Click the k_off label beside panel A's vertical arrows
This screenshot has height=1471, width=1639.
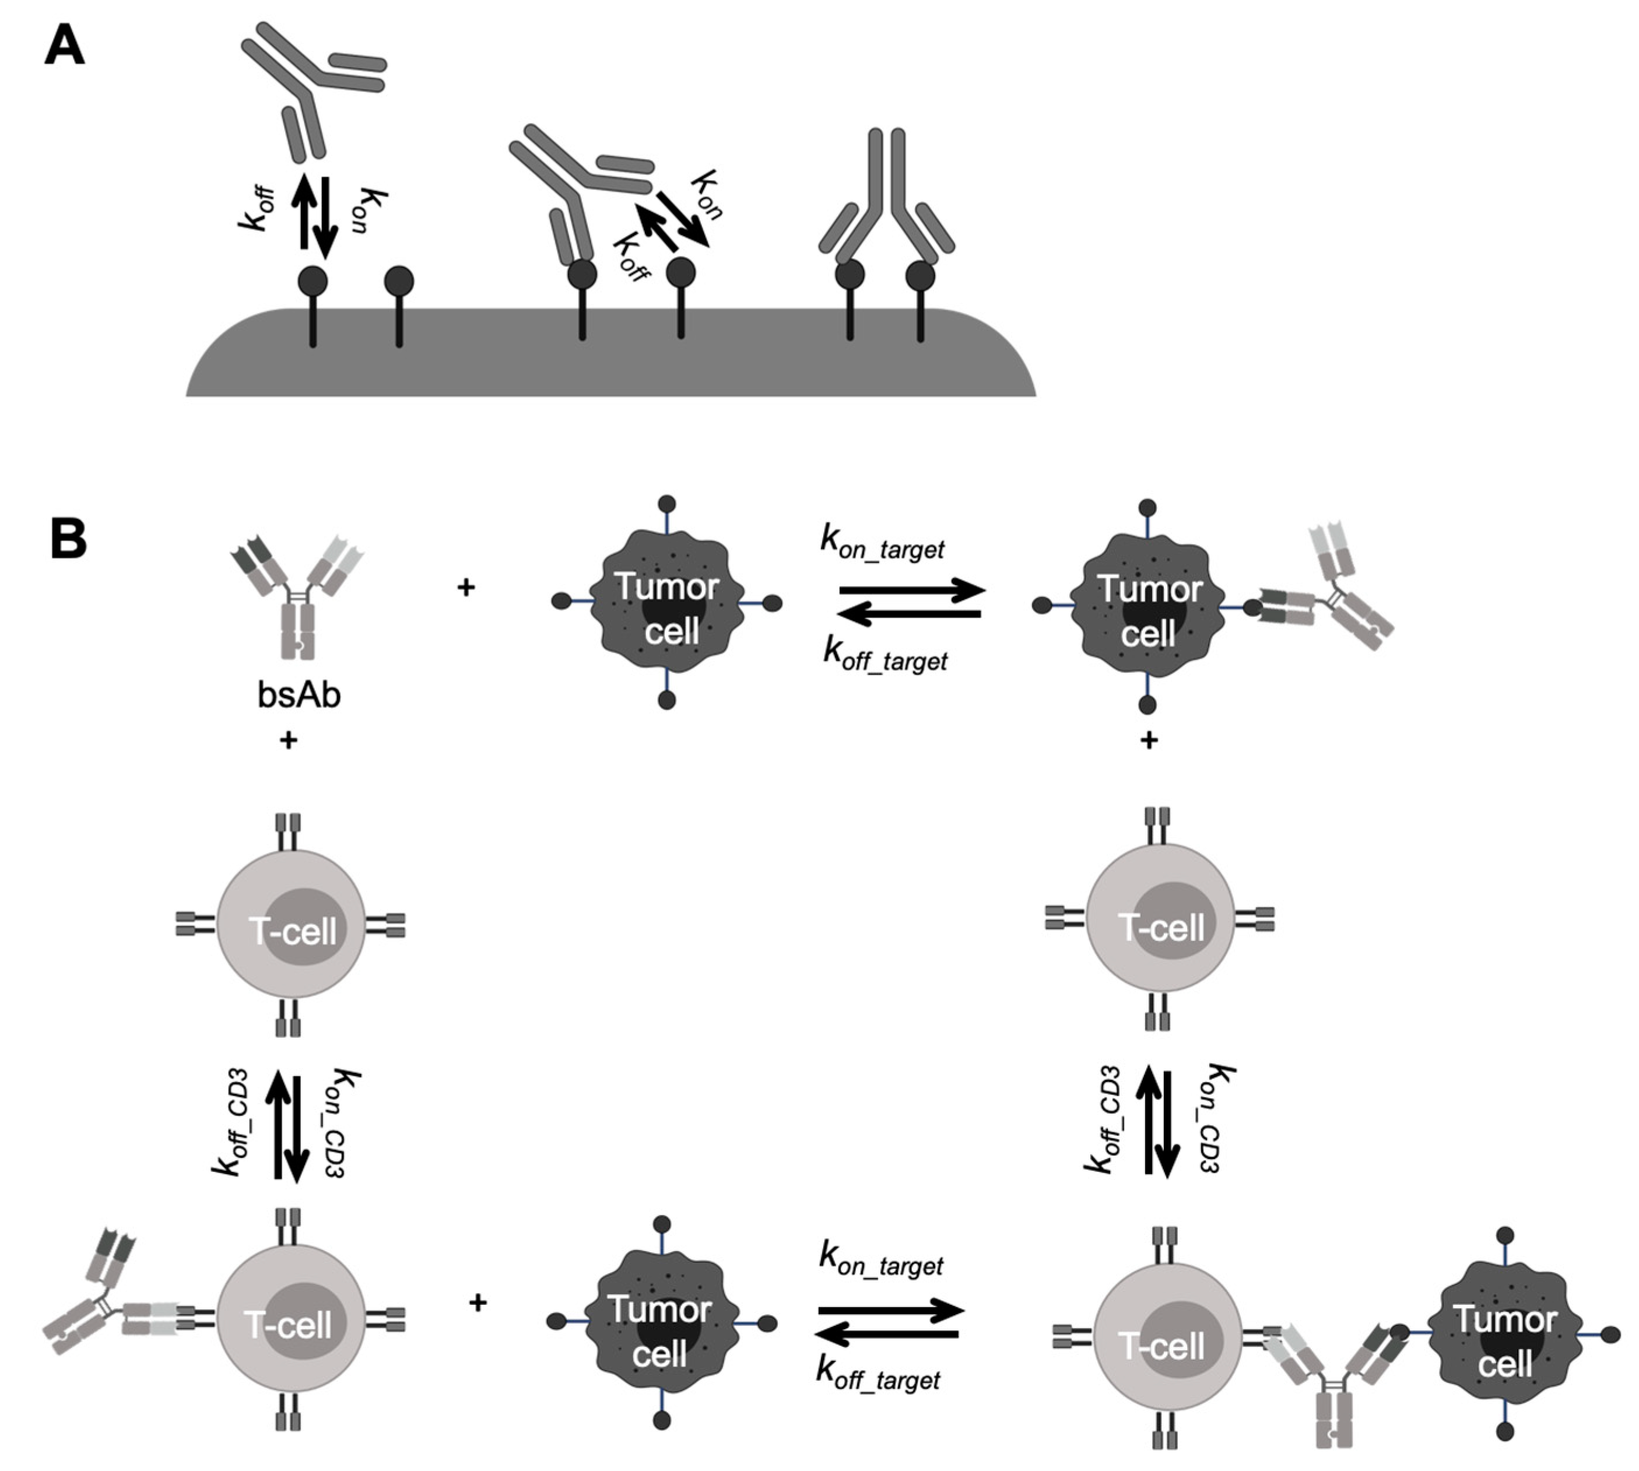(x=257, y=209)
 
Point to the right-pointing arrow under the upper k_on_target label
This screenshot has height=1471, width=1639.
(x=912, y=590)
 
